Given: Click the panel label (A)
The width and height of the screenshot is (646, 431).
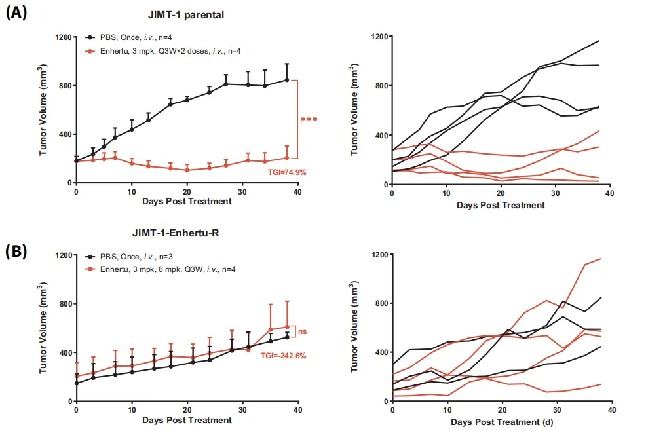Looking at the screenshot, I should [16, 12].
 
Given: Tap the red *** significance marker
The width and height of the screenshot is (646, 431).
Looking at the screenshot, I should [309, 120].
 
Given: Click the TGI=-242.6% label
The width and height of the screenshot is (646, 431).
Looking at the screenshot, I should [283, 356].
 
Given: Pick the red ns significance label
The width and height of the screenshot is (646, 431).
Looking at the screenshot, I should [303, 331].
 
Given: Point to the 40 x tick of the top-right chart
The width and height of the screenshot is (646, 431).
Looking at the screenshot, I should [609, 195].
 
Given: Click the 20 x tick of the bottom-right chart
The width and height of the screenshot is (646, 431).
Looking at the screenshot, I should [501, 412].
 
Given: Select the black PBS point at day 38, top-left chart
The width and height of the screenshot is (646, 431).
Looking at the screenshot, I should [287, 80].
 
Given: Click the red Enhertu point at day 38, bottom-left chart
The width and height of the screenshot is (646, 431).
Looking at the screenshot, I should [287, 327].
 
